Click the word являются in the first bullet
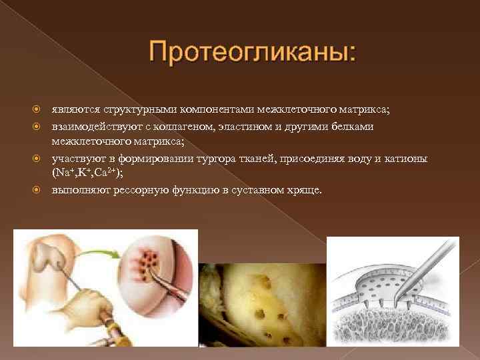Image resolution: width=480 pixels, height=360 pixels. coord(75,109)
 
